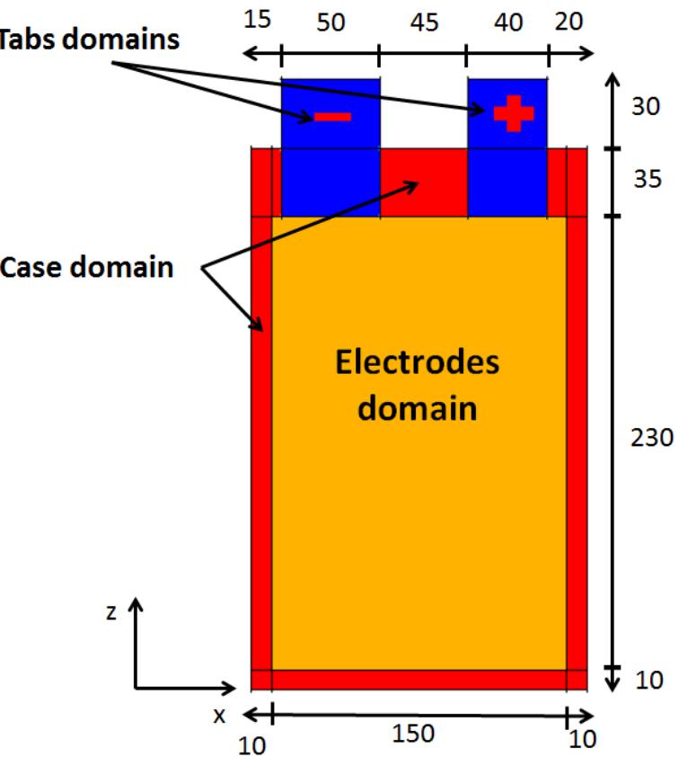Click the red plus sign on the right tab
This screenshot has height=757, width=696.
pos(513,112)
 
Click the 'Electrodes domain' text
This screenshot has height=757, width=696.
pos(418,386)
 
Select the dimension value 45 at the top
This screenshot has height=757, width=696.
pos(424,22)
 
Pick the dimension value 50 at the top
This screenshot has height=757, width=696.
pos(330,22)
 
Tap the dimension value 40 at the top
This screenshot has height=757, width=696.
pos(507,22)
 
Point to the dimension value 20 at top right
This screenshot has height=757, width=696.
pos(568,20)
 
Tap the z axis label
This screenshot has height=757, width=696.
pos(110,612)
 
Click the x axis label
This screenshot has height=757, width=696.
pos(218,716)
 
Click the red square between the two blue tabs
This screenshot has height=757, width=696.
pos(423,183)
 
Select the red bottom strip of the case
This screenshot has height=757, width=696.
pos(418,680)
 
